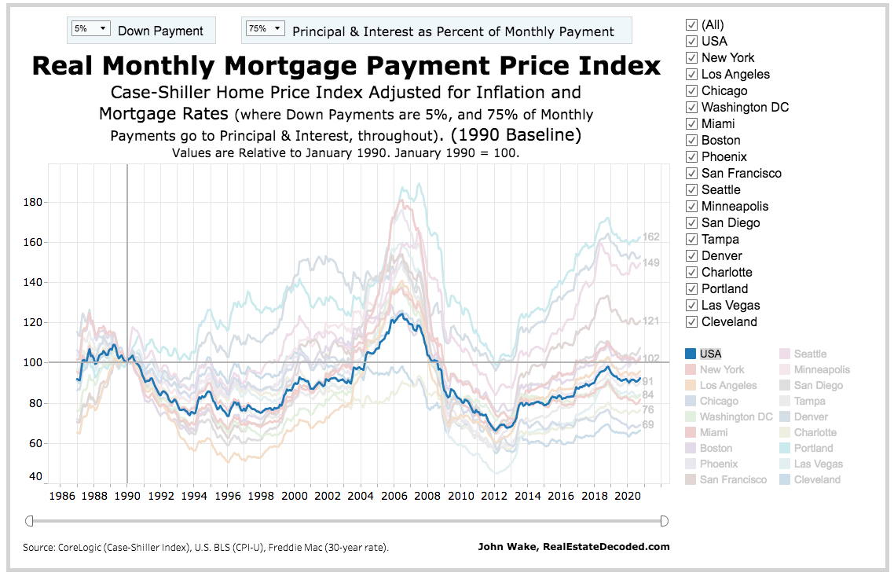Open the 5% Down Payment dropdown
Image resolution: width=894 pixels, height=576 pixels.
[90, 29]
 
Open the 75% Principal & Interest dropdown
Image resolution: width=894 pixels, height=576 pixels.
[266, 29]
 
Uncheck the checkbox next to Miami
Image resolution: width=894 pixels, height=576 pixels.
[691, 123]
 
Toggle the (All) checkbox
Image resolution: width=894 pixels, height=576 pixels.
[691, 24]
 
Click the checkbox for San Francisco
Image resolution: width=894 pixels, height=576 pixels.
[691, 173]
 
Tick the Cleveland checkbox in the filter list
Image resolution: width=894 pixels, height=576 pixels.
[691, 321]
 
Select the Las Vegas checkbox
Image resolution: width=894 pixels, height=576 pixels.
[691, 305]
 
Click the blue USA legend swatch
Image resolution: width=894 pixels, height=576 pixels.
[691, 354]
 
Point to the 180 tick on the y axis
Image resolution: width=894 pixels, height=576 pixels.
[32, 203]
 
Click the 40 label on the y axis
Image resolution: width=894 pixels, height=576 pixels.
[35, 477]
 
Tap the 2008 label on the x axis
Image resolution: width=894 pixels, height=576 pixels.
[427, 497]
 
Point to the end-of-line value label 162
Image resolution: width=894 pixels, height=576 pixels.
[651, 237]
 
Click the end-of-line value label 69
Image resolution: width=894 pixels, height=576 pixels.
[648, 425]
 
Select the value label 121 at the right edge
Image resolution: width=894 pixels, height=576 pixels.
[651, 321]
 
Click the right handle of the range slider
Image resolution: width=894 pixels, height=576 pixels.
[664, 520]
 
